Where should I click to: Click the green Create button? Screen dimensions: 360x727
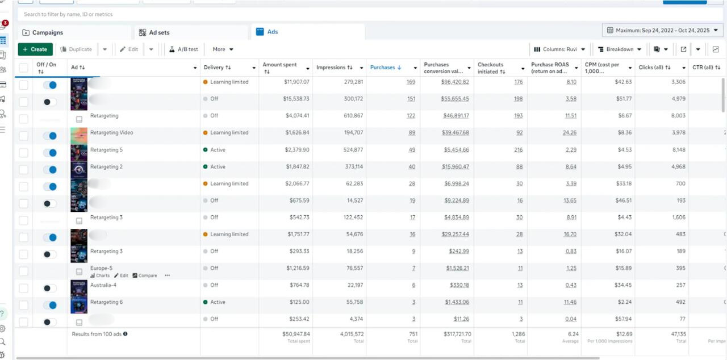(35, 49)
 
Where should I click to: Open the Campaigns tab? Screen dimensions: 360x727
(47, 32)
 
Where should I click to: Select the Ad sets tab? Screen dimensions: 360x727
(158, 32)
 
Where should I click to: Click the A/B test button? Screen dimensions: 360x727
(183, 49)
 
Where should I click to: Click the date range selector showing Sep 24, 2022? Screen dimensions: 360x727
(662, 30)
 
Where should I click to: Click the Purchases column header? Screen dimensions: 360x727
(382, 68)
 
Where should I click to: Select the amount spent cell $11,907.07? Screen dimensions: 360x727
(297, 82)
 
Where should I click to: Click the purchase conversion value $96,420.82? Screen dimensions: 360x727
(455, 82)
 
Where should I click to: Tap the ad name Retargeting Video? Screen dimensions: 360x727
(111, 133)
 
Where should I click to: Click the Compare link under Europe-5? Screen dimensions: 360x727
(147, 275)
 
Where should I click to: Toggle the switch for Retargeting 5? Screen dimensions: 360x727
(50, 153)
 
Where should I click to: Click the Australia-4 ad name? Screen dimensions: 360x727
(103, 285)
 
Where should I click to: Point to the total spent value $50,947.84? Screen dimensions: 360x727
(296, 334)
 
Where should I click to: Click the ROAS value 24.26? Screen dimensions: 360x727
(569, 133)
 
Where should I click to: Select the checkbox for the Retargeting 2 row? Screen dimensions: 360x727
(23, 170)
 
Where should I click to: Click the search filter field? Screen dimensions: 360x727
(227, 14)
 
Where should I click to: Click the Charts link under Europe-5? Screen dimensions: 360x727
(100, 275)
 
